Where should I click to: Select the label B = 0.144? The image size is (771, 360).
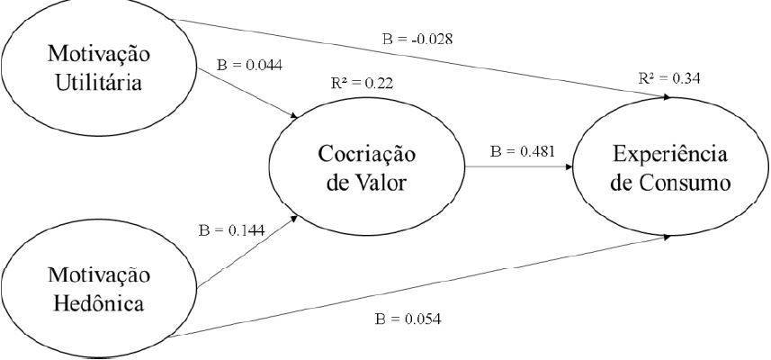coord(230,230)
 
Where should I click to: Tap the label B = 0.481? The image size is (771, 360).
coord(523,150)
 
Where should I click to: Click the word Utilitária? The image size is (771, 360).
coord(98,82)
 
